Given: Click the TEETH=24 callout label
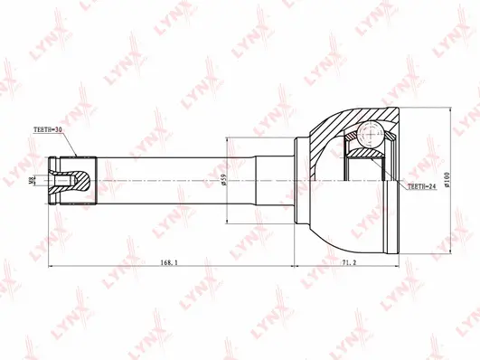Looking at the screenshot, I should [422, 187].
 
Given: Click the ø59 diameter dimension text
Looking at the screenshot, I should [224, 178].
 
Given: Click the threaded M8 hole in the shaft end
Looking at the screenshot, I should [62, 179].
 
